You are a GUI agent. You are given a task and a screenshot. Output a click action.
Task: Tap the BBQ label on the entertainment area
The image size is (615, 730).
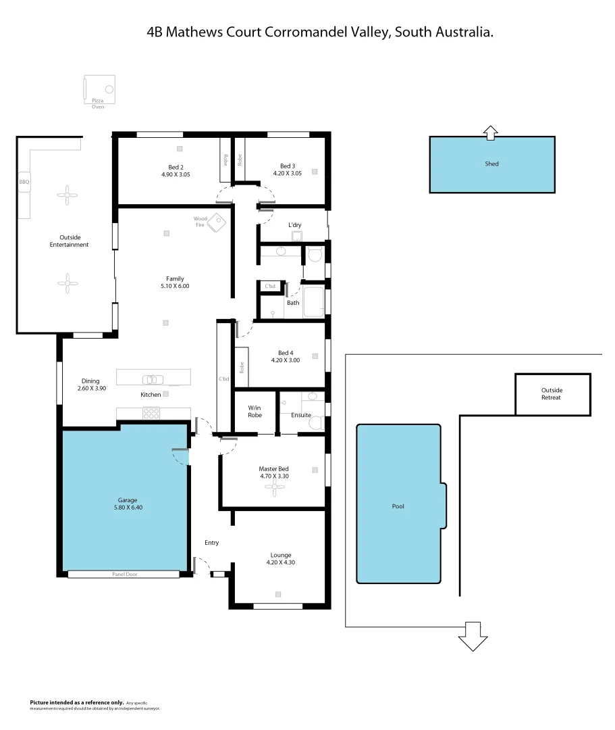coord(24,182)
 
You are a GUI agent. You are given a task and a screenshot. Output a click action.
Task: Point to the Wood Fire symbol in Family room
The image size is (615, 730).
coord(217,222)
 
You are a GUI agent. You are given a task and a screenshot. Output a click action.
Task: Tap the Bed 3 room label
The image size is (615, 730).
coord(287,166)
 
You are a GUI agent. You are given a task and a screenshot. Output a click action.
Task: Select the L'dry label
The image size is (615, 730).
coord(294,224)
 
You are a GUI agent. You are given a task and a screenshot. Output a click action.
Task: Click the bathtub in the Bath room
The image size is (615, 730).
coord(313,302)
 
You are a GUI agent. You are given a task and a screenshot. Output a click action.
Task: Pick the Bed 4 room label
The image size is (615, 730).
coord(286,353)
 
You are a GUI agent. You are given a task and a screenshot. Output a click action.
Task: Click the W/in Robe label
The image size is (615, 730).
coord(255,411)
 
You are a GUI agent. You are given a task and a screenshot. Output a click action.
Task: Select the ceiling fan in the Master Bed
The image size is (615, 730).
coord(274,490)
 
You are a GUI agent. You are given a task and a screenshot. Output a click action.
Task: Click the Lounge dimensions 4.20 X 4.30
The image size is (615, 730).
coord(282,562)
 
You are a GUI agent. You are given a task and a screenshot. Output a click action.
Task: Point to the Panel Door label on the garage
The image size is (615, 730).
coord(124,575)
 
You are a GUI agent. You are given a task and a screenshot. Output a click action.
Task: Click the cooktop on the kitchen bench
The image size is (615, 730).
coord(151,412)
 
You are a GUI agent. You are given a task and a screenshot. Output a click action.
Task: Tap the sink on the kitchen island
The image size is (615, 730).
coord(152,379)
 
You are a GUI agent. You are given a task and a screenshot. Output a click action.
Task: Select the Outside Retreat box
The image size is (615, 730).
coord(552,394)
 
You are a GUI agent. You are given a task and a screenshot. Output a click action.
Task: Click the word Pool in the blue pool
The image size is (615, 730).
coord(398,506)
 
